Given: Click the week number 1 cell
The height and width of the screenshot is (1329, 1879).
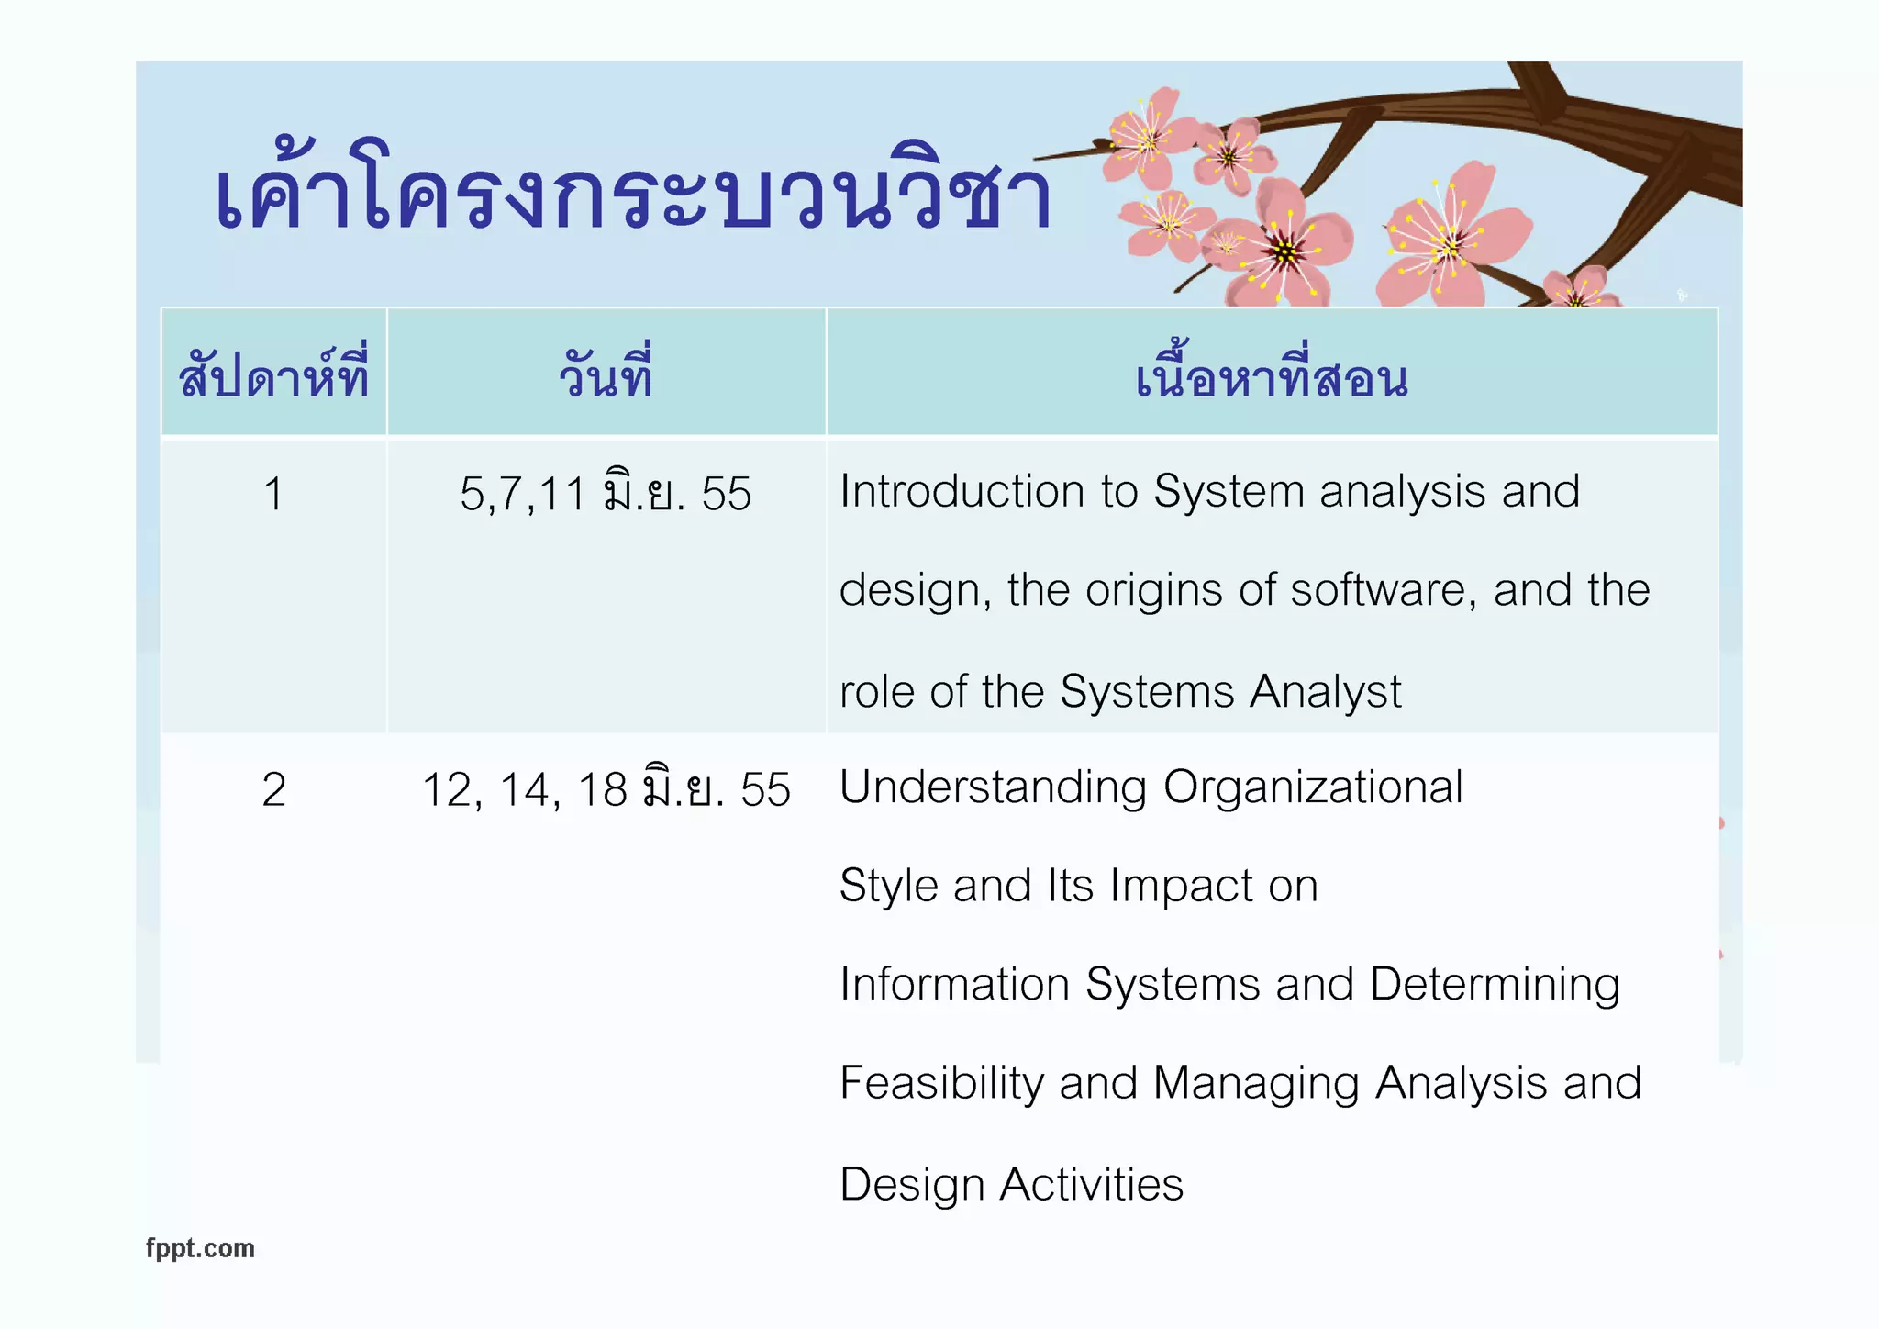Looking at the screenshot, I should click(273, 494).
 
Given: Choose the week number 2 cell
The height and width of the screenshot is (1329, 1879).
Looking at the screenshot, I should click(273, 789).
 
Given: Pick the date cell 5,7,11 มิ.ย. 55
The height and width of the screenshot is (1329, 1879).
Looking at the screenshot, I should click(606, 494).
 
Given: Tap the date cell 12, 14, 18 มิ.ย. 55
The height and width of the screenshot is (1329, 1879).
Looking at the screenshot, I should click(606, 789).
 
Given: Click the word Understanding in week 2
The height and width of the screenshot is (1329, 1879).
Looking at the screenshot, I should click(993, 787).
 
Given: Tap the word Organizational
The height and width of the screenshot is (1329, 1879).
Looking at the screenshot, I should click(1313, 787).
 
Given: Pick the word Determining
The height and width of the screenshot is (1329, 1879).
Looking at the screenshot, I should click(1495, 985).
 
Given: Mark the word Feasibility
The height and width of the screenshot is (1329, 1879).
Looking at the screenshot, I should click(941, 1084).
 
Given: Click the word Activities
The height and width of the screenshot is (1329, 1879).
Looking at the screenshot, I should click(1091, 1184).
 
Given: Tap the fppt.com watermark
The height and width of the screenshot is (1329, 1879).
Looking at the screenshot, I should click(200, 1248).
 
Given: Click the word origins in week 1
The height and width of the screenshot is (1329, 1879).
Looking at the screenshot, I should click(1154, 590).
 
